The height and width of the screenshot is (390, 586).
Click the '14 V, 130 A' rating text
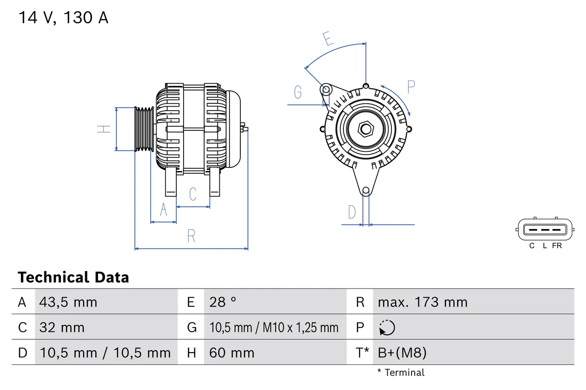coord(63,18)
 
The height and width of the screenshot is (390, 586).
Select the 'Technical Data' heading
coord(73,277)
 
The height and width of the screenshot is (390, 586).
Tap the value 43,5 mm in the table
coord(68,302)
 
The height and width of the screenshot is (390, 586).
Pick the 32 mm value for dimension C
coord(62,327)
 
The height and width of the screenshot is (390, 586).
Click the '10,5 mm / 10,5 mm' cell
coord(105,353)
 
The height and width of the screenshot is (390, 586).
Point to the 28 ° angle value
coord(222,302)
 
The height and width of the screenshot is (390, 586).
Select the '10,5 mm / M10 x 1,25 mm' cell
coord(274,327)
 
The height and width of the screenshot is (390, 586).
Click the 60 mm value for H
coord(232,353)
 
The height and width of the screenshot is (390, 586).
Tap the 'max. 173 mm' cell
coord(423,302)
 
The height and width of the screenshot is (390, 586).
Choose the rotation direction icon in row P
coord(387,327)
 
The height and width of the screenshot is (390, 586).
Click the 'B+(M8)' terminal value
coord(402,353)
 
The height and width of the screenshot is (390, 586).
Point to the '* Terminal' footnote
coord(401,373)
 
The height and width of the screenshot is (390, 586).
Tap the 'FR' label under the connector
coord(557,246)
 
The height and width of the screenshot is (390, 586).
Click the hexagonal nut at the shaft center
coord(365,129)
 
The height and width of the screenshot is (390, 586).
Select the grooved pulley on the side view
coord(144,129)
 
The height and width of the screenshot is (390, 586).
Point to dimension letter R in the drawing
coord(191,236)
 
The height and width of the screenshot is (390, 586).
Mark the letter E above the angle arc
coord(327,39)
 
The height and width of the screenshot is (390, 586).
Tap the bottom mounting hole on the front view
coord(365,191)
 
